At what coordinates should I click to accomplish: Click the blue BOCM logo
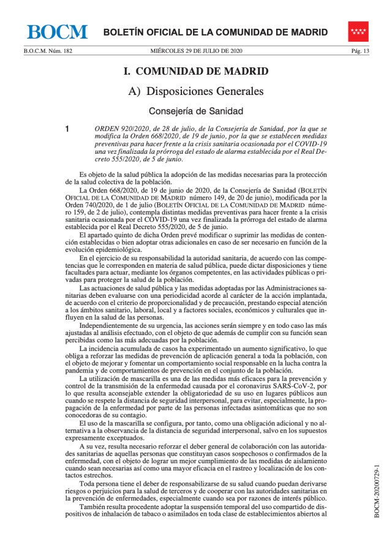tap(57, 32)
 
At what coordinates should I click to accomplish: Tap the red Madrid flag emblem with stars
tap(358, 31)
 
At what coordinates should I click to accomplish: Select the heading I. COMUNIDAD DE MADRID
tap(195, 71)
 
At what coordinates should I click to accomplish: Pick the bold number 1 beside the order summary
tap(68, 129)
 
